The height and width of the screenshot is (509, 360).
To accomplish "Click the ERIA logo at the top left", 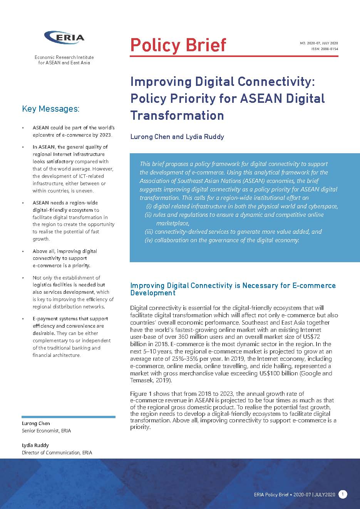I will point(64,38).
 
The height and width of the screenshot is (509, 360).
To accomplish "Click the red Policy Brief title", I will point(178,45).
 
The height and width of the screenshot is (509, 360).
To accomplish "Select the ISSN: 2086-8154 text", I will point(325,49).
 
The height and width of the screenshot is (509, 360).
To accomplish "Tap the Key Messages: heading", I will point(50,109).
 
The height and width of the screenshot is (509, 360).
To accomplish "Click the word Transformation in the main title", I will point(177,116).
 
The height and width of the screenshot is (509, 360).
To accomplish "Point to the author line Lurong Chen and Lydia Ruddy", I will point(177,137).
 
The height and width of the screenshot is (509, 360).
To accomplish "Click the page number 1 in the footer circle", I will point(343,494).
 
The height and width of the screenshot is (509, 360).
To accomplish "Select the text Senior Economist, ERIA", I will point(46,431).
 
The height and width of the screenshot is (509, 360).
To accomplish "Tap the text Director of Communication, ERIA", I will point(57,452).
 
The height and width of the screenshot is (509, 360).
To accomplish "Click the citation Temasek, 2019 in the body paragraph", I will point(150,380).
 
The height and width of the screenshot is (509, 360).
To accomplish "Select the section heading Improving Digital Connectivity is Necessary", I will point(233,289).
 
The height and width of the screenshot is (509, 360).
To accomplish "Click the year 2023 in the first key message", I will point(104,135).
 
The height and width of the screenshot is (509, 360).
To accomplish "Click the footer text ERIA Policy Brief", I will point(271,495).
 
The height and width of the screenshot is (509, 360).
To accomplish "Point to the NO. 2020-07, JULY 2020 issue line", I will point(318,43).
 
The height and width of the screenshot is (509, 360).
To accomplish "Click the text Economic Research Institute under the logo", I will point(64,57).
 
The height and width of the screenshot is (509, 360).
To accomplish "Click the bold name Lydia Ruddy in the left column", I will point(35,445).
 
